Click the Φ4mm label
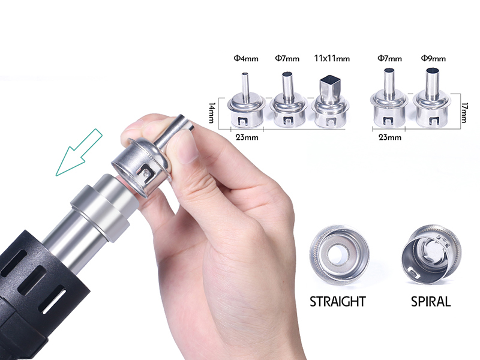point(246,58)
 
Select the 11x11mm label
point(332,58)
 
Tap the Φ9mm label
point(433,58)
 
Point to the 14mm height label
point(212,113)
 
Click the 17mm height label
point(464,113)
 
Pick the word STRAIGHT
point(338,302)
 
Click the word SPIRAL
point(431,302)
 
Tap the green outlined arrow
point(79,152)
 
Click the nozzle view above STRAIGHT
point(339,254)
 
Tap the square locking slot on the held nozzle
point(146,173)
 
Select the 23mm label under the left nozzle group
point(247,137)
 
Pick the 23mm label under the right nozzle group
point(389,137)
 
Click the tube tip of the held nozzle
point(187,123)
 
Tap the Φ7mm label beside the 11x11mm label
point(287,58)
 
